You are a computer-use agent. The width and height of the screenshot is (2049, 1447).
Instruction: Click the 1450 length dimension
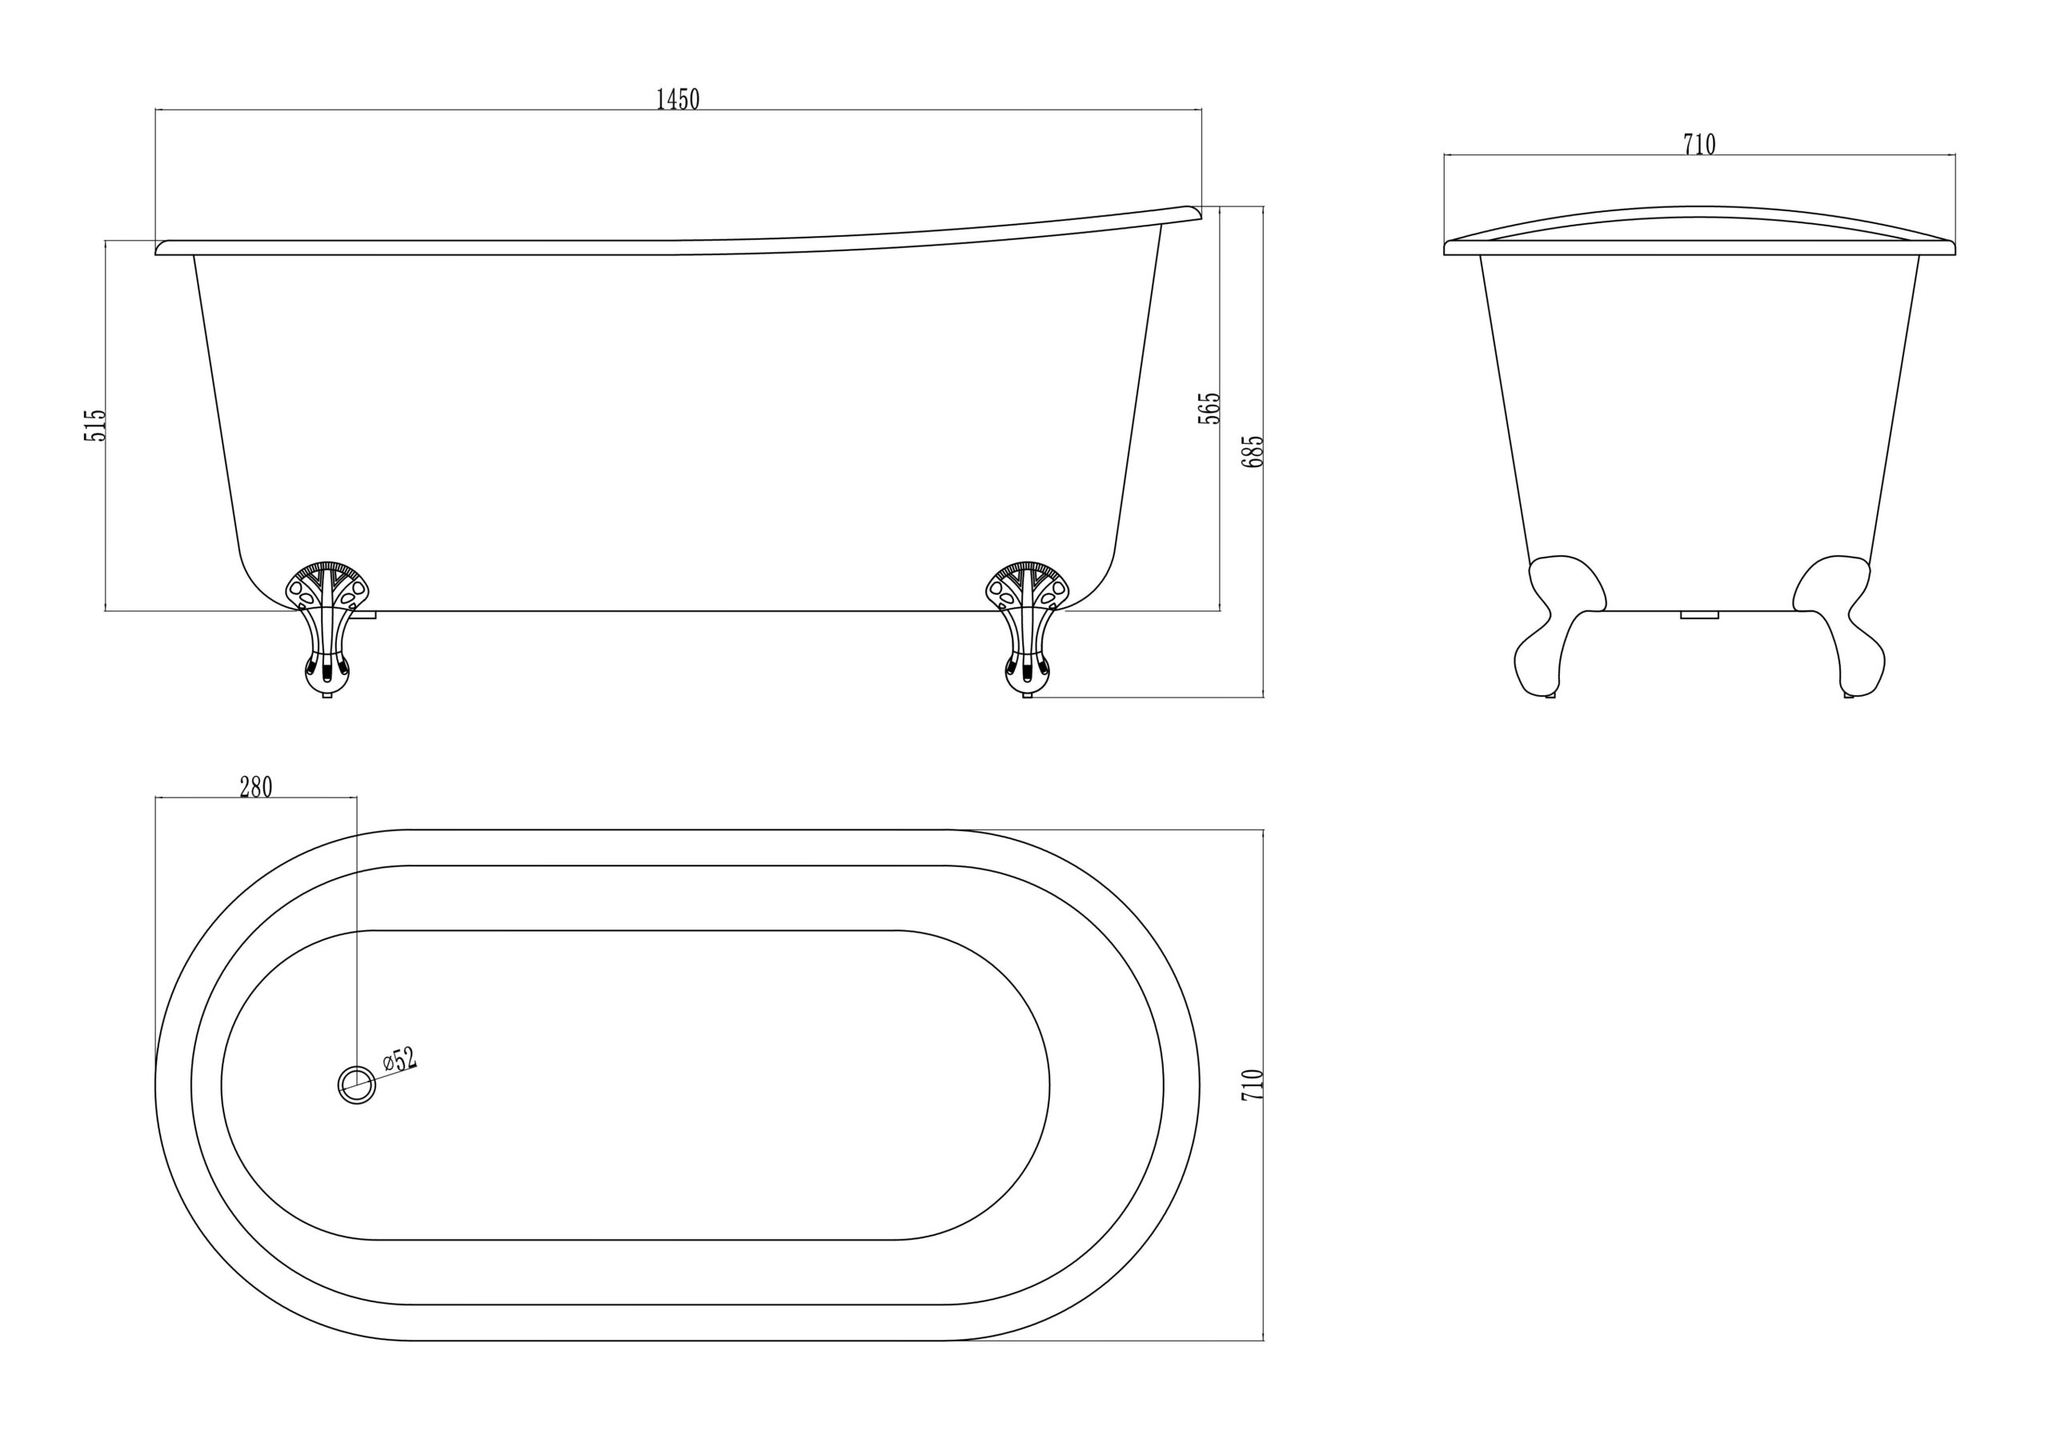(x=677, y=99)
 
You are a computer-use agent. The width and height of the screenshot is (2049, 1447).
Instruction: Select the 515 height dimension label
(x=95, y=425)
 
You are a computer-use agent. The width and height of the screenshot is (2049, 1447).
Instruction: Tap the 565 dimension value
(x=1209, y=408)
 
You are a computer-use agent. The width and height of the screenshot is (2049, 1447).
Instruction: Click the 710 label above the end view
(x=1699, y=144)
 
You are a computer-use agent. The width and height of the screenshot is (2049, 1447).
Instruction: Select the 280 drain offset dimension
(x=255, y=787)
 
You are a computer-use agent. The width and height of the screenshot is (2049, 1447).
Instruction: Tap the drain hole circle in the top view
(x=357, y=1085)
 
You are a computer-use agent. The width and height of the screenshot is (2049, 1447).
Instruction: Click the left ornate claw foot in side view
(x=327, y=625)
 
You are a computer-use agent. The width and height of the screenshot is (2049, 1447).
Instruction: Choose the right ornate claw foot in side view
(x=1027, y=625)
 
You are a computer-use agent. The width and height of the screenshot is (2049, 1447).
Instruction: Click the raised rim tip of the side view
(x=1193, y=211)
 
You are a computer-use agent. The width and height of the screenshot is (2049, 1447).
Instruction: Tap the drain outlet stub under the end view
(x=1699, y=614)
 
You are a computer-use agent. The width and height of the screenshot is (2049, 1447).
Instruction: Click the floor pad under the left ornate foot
(x=327, y=695)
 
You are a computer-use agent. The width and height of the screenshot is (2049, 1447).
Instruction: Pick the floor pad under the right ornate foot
(x=1027, y=695)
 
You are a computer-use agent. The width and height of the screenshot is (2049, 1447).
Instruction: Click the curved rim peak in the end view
(x=1699, y=211)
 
